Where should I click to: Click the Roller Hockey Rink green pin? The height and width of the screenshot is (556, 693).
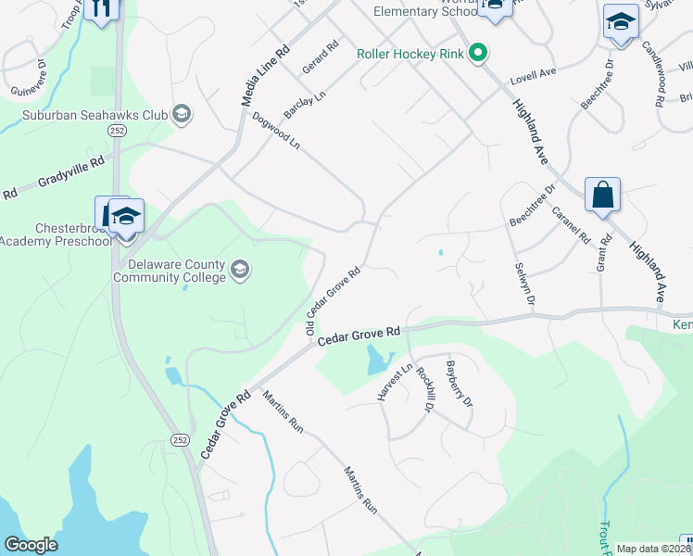(x=478, y=53)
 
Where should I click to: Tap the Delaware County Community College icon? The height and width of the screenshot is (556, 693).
(x=240, y=270)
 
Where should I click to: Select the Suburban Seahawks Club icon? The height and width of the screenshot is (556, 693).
(x=182, y=115)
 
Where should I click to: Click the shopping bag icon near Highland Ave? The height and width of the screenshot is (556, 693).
(x=602, y=195)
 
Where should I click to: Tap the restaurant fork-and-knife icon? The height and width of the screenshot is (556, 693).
(x=101, y=8)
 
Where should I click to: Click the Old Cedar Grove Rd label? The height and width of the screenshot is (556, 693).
(x=333, y=302)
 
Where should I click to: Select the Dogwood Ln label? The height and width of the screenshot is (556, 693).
(x=276, y=131)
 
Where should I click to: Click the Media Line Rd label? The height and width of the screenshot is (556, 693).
(x=266, y=75)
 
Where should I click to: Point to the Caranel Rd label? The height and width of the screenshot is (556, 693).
(x=571, y=223)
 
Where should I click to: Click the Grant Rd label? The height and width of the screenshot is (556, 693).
(x=605, y=252)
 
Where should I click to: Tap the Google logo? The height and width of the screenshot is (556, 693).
(x=31, y=545)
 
